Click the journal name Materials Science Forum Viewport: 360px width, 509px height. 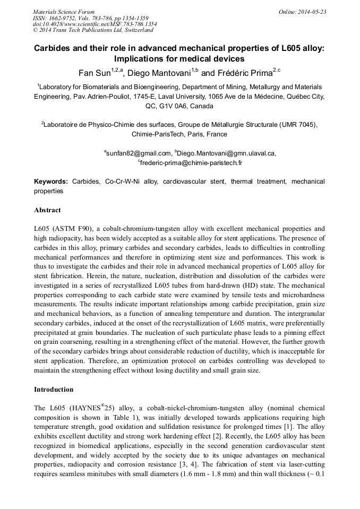pyautogui.click(x=64, y=12)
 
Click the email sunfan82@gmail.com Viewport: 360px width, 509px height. pyautogui.click(x=139, y=153)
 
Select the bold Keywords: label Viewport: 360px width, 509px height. pyautogui.click(x=51, y=182)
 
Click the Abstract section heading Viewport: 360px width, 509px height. pyautogui.click(x=47, y=210)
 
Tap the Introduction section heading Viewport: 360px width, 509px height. pyautogui.click(x=54, y=390)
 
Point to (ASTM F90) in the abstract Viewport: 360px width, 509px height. pyautogui.click(x=74, y=229)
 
